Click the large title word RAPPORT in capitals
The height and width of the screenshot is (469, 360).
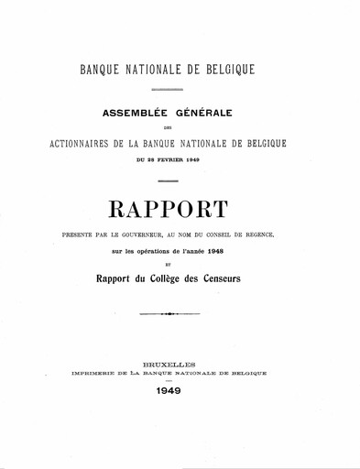(x=180, y=209)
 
